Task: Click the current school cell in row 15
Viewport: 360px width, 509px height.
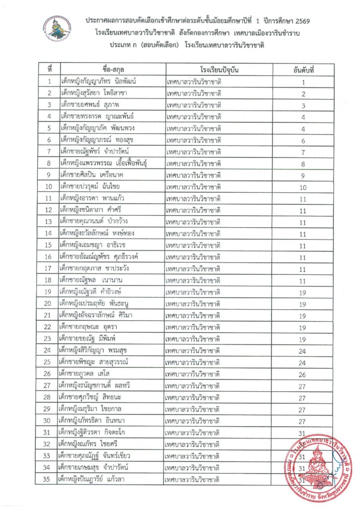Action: click(194, 245)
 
